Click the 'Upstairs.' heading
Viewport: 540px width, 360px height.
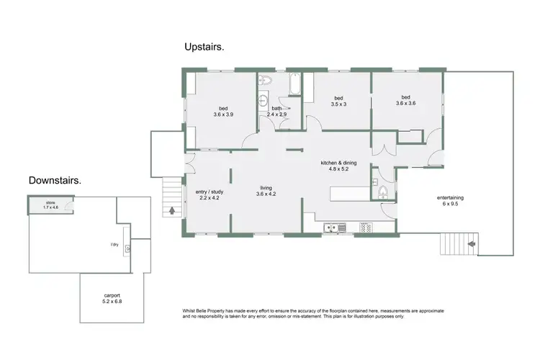204,47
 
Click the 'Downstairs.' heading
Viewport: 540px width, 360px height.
55,180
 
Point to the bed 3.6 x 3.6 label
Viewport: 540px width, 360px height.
405,102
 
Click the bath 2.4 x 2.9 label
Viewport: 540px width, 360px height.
276,112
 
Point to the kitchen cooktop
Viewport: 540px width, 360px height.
366,228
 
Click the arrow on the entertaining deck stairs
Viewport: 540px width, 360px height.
471,245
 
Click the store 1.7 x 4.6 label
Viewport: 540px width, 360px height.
50,206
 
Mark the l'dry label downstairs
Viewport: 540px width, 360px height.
114,244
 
